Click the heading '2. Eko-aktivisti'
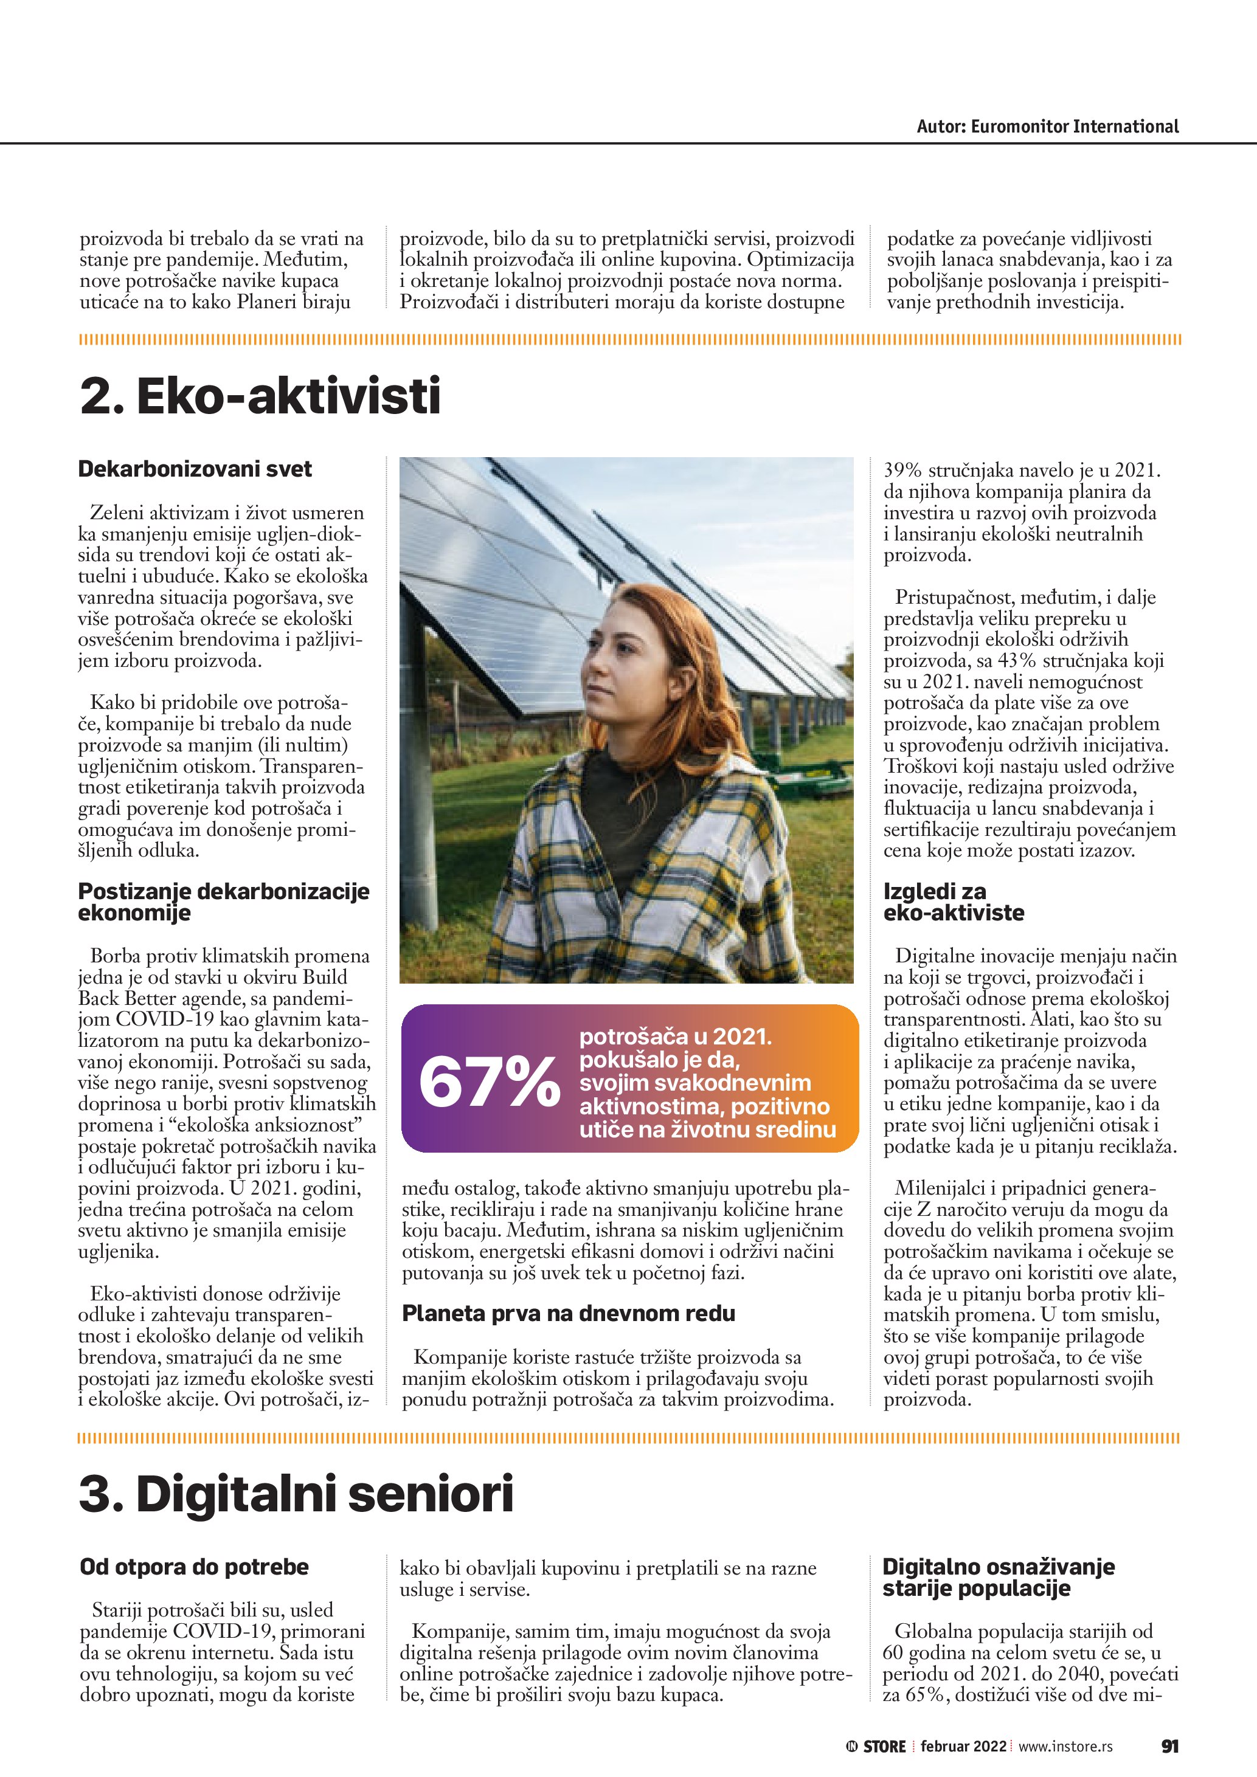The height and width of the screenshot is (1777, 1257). pyautogui.click(x=260, y=396)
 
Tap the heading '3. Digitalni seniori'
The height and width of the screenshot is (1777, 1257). pyautogui.click(x=296, y=1494)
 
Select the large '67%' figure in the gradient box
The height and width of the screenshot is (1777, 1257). pyautogui.click(x=489, y=1082)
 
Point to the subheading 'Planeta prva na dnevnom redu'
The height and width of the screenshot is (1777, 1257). pyautogui.click(x=568, y=1313)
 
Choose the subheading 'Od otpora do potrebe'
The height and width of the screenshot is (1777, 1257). pyautogui.click(x=193, y=1567)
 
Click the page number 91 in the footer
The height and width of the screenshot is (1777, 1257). pyautogui.click(x=1169, y=1746)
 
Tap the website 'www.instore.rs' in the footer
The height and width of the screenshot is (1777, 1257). pyautogui.click(x=1065, y=1746)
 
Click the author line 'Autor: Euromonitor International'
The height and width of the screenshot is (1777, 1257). pyautogui.click(x=1047, y=127)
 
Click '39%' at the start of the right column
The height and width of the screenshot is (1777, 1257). pyautogui.click(x=902, y=471)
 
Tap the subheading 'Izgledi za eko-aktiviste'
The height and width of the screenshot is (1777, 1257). pyautogui.click(x=954, y=902)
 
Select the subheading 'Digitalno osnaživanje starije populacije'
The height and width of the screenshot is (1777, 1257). pyautogui.click(x=998, y=1578)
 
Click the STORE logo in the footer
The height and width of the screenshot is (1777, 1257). pyautogui.click(x=876, y=1747)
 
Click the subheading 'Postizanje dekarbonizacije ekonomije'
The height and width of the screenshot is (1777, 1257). pyautogui.click(x=224, y=902)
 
